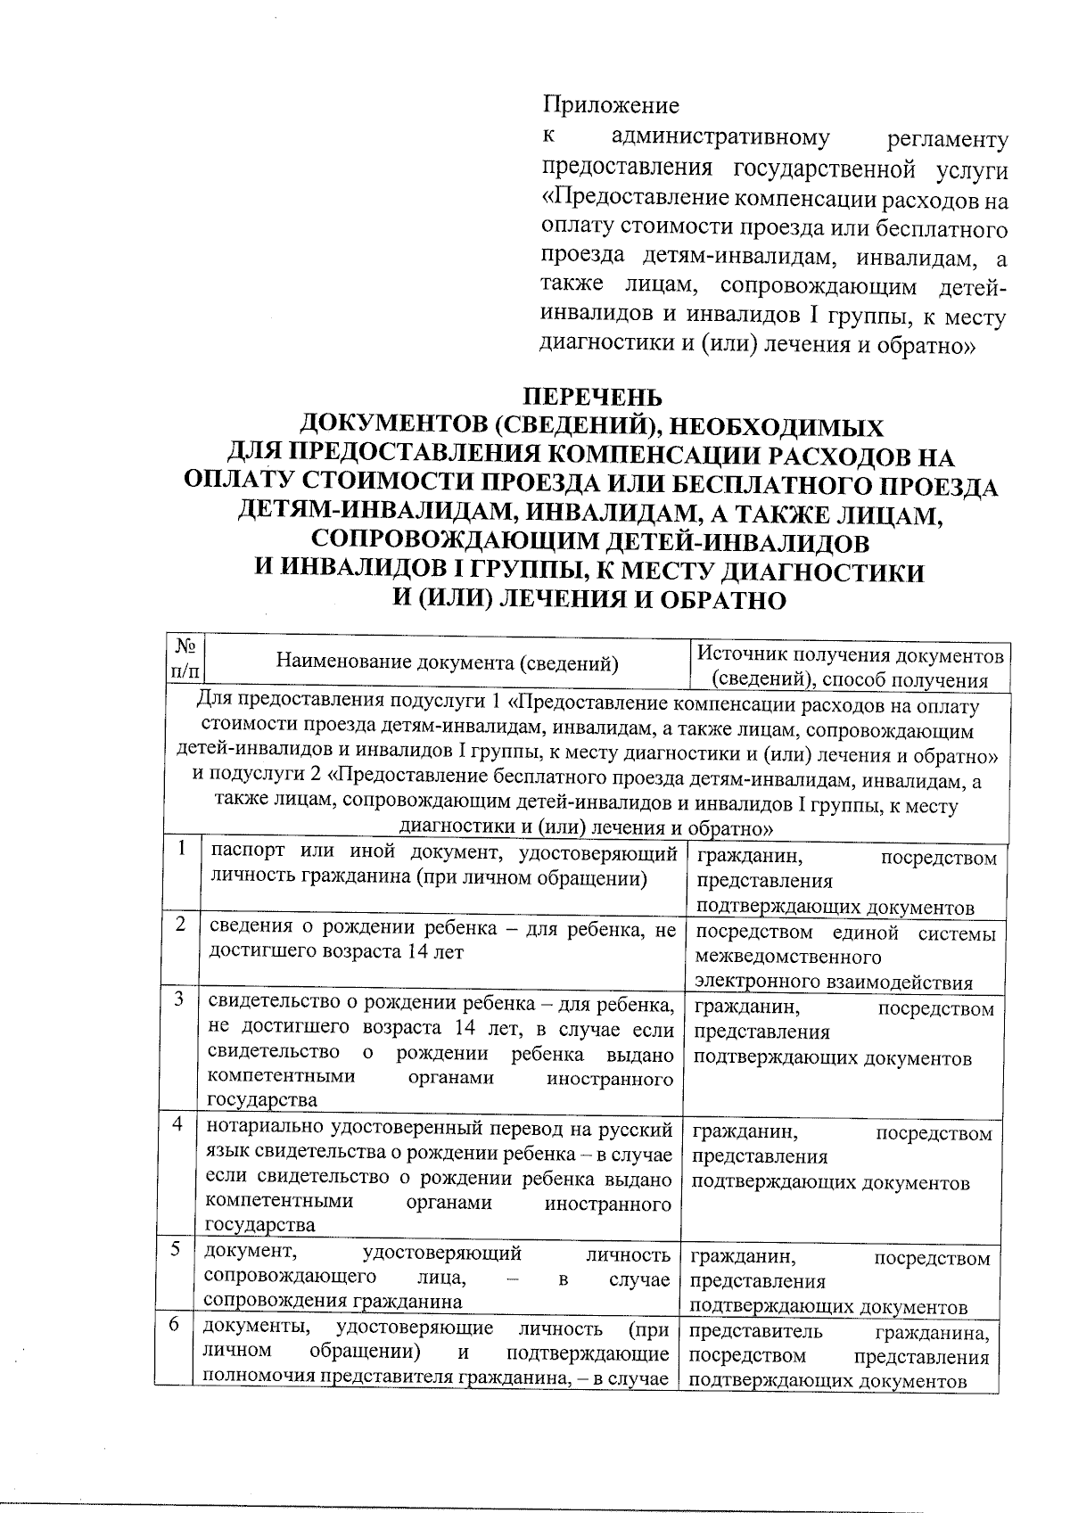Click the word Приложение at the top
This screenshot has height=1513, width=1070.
pos(611,106)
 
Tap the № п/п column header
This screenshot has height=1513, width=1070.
pos(187,661)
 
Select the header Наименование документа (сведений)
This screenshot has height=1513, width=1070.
pos(448,662)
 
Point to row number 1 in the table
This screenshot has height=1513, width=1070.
pos(181,850)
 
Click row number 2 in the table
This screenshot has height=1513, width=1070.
pos(181,925)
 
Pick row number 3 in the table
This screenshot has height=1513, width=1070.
pos(180,1000)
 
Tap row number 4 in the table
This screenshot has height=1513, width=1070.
pos(179,1125)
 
